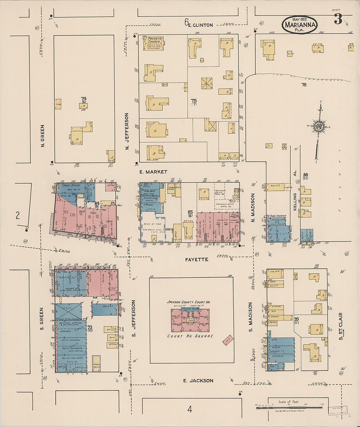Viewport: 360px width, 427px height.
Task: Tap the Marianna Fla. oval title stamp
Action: click(x=299, y=25)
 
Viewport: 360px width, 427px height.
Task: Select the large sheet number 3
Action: click(x=338, y=20)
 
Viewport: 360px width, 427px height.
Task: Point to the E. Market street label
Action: click(x=153, y=172)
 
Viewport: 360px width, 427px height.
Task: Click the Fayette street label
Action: click(x=196, y=259)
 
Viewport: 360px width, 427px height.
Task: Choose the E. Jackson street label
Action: click(x=198, y=381)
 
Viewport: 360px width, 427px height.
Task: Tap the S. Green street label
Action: click(x=42, y=319)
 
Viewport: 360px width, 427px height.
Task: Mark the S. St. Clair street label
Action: click(x=341, y=326)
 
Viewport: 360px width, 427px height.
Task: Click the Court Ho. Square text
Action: click(x=190, y=336)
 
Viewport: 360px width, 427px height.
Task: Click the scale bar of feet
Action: click(x=289, y=407)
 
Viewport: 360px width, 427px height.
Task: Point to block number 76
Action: click(x=304, y=85)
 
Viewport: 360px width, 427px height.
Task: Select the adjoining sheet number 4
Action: click(x=189, y=409)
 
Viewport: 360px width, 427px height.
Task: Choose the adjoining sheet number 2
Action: click(x=18, y=215)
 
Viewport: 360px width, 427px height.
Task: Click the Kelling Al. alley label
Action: click(x=295, y=198)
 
